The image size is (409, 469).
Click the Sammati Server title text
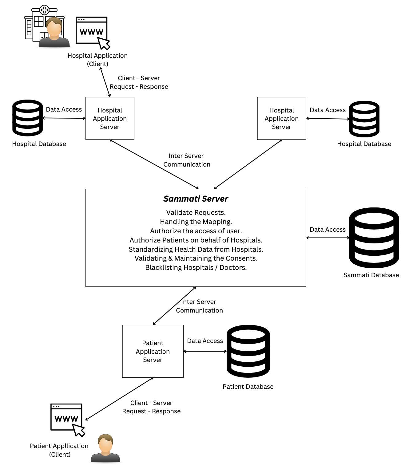pos(196,199)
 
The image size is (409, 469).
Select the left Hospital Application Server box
pos(110,118)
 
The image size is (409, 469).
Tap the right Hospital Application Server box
pos(281,118)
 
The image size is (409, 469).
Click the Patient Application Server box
pos(153,351)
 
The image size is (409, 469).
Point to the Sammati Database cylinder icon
pos(374,238)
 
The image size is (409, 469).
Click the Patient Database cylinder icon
pos(248,351)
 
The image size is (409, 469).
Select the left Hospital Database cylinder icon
pos(27,118)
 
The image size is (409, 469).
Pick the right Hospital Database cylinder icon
pos(364,119)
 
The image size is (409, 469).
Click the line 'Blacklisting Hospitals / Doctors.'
pos(196,268)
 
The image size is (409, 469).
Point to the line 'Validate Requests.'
pos(196,213)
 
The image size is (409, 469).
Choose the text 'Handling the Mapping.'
pos(196,222)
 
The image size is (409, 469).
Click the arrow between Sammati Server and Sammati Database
pos(328,238)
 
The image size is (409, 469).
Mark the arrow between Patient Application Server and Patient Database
pos(205,351)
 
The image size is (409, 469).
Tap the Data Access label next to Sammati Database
pos(328,230)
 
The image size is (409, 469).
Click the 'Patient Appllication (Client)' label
pos(59,450)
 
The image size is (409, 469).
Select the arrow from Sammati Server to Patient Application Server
pos(174,306)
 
